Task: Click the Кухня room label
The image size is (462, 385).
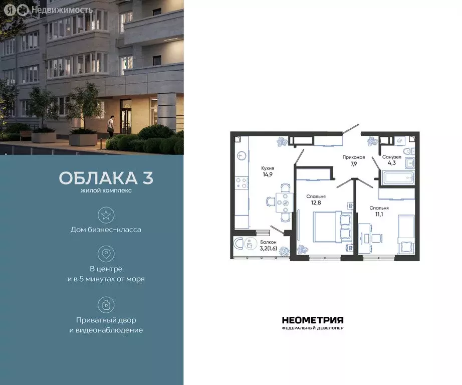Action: pos(267,168)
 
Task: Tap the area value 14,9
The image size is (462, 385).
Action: pos(267,175)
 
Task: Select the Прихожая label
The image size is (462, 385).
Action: pos(353,157)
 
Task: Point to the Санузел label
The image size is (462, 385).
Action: pos(391,157)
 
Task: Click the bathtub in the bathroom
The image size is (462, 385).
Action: pos(396,177)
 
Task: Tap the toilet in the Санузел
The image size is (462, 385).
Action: pos(407,151)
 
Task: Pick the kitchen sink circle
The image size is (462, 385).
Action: pos(242,156)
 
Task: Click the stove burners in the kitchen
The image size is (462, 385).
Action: pos(242,182)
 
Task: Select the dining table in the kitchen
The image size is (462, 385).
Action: pos(285,203)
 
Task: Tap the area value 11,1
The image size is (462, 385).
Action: pos(379,214)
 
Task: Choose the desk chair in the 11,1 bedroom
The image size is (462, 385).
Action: pos(376,238)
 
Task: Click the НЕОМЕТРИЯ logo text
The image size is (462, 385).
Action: pos(312,320)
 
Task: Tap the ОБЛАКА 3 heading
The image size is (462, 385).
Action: pos(106,178)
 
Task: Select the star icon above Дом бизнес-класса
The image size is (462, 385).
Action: pos(106,215)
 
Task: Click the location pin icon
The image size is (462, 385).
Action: pos(106,253)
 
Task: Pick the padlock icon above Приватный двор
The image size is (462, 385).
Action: pos(106,304)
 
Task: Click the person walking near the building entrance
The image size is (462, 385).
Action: pos(113,126)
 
